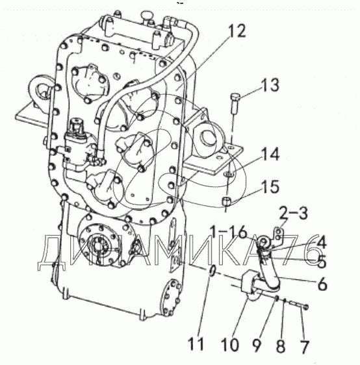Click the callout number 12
pos(237,31)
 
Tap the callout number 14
pos(270,155)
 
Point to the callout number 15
pos(270,186)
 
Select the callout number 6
pos(322,284)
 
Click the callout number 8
pos(281,345)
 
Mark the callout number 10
pos(230,344)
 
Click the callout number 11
pos(196,344)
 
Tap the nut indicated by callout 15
pos(226,201)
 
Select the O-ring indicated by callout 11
pos(212,271)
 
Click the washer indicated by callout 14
pos(228,174)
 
